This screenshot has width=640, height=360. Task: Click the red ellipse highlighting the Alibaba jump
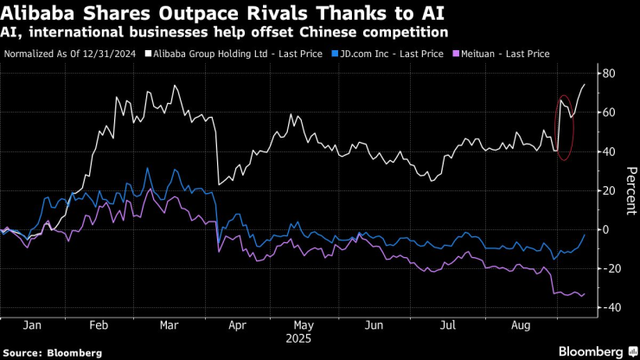pos(565,127)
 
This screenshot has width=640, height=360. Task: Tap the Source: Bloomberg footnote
pos(53,353)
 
